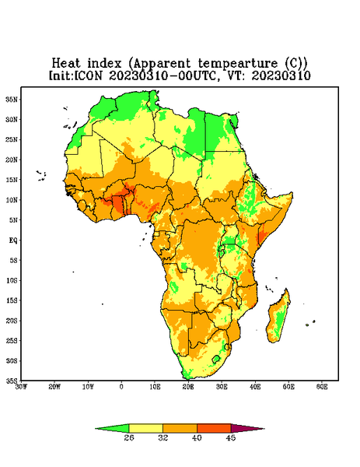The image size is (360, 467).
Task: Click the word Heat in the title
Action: tap(66, 64)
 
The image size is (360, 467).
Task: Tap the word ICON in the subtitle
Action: tap(88, 75)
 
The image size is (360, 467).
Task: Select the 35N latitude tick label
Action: tap(12, 99)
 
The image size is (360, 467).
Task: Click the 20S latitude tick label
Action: tap(12, 321)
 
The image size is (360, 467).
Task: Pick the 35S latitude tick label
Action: tap(12, 381)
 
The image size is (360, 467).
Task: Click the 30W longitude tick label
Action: tap(21, 387)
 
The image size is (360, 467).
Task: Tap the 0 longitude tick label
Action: tap(121, 387)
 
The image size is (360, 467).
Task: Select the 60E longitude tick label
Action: tap(322, 387)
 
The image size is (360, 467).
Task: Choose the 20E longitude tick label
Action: tap(188, 387)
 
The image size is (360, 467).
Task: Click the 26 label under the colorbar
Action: tap(129, 437)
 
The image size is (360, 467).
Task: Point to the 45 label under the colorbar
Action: tap(231, 437)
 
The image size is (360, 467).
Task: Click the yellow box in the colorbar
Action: tap(145, 428)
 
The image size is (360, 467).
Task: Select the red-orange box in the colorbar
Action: tap(214, 428)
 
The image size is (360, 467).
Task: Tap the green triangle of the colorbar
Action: tap(112, 428)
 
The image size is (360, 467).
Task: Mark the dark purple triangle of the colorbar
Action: tap(247, 428)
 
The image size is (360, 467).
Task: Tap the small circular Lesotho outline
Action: tap(216, 359)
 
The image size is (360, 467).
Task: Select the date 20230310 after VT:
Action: tap(281, 75)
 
